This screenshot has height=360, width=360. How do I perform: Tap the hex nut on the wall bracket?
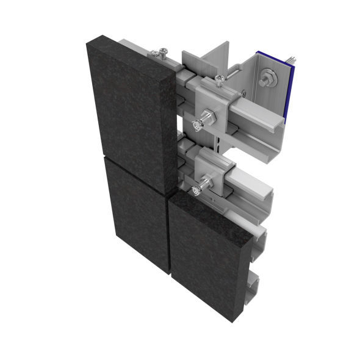tap(268, 79)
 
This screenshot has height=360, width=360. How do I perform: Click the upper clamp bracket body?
tap(217, 104)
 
